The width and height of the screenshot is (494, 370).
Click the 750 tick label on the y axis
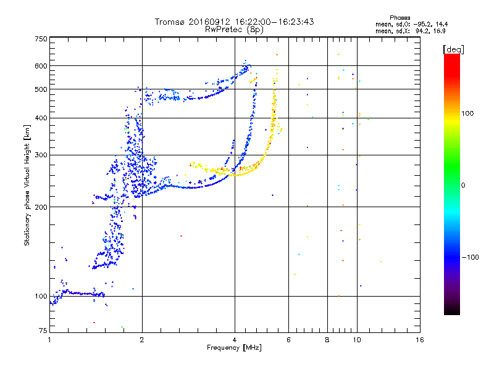(x=41, y=38)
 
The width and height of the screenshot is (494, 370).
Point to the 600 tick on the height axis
(x=41, y=66)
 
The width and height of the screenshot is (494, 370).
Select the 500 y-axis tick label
(x=41, y=89)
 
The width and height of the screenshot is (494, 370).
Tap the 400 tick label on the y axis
(x=41, y=118)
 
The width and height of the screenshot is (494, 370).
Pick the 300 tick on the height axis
(x=41, y=155)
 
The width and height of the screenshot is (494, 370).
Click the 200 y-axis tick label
(x=41, y=207)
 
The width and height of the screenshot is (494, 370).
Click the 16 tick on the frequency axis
(x=420, y=339)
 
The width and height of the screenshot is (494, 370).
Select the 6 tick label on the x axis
(x=289, y=339)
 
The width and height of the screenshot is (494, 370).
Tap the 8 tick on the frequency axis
(x=327, y=339)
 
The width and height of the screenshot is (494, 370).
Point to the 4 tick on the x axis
(x=235, y=339)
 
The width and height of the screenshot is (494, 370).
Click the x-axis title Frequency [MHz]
(x=234, y=348)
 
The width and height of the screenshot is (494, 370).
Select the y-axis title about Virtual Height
(x=27, y=185)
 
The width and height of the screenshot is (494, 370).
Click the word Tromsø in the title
(x=169, y=22)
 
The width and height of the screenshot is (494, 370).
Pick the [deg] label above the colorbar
(x=453, y=49)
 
